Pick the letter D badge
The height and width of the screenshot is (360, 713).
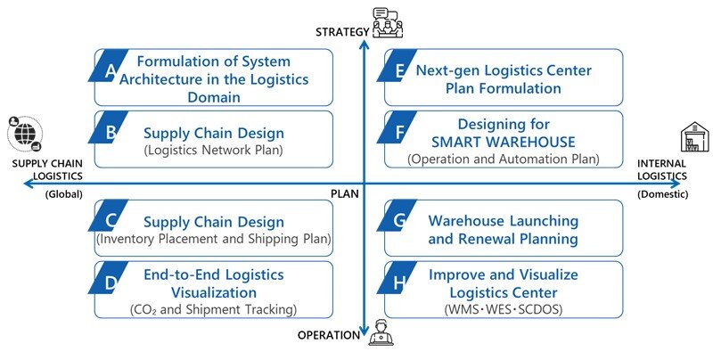[x=109, y=282]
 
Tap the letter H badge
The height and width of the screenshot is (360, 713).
[x=401, y=282]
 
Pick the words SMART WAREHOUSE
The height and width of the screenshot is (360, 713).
[x=504, y=141]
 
